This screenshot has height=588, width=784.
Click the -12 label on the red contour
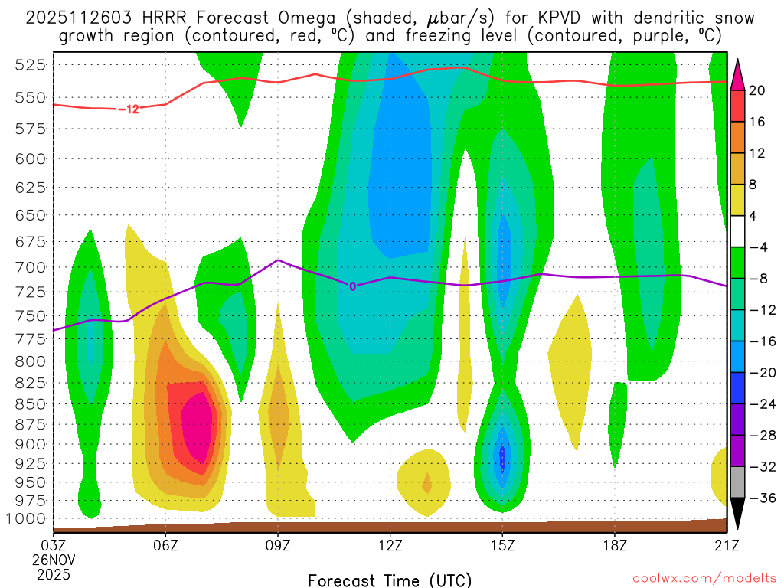(x=129, y=109)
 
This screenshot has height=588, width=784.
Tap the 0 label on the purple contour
(x=352, y=286)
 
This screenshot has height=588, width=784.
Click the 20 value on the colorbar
(x=757, y=90)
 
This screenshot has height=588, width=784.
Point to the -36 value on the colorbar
(x=760, y=498)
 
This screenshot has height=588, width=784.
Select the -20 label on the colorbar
(x=760, y=373)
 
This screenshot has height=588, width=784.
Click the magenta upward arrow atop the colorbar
(x=737, y=73)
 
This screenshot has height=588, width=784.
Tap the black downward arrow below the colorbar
(x=737, y=516)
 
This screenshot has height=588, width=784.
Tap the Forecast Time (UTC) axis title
(x=390, y=580)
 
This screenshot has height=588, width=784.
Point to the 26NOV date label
(x=53, y=559)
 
